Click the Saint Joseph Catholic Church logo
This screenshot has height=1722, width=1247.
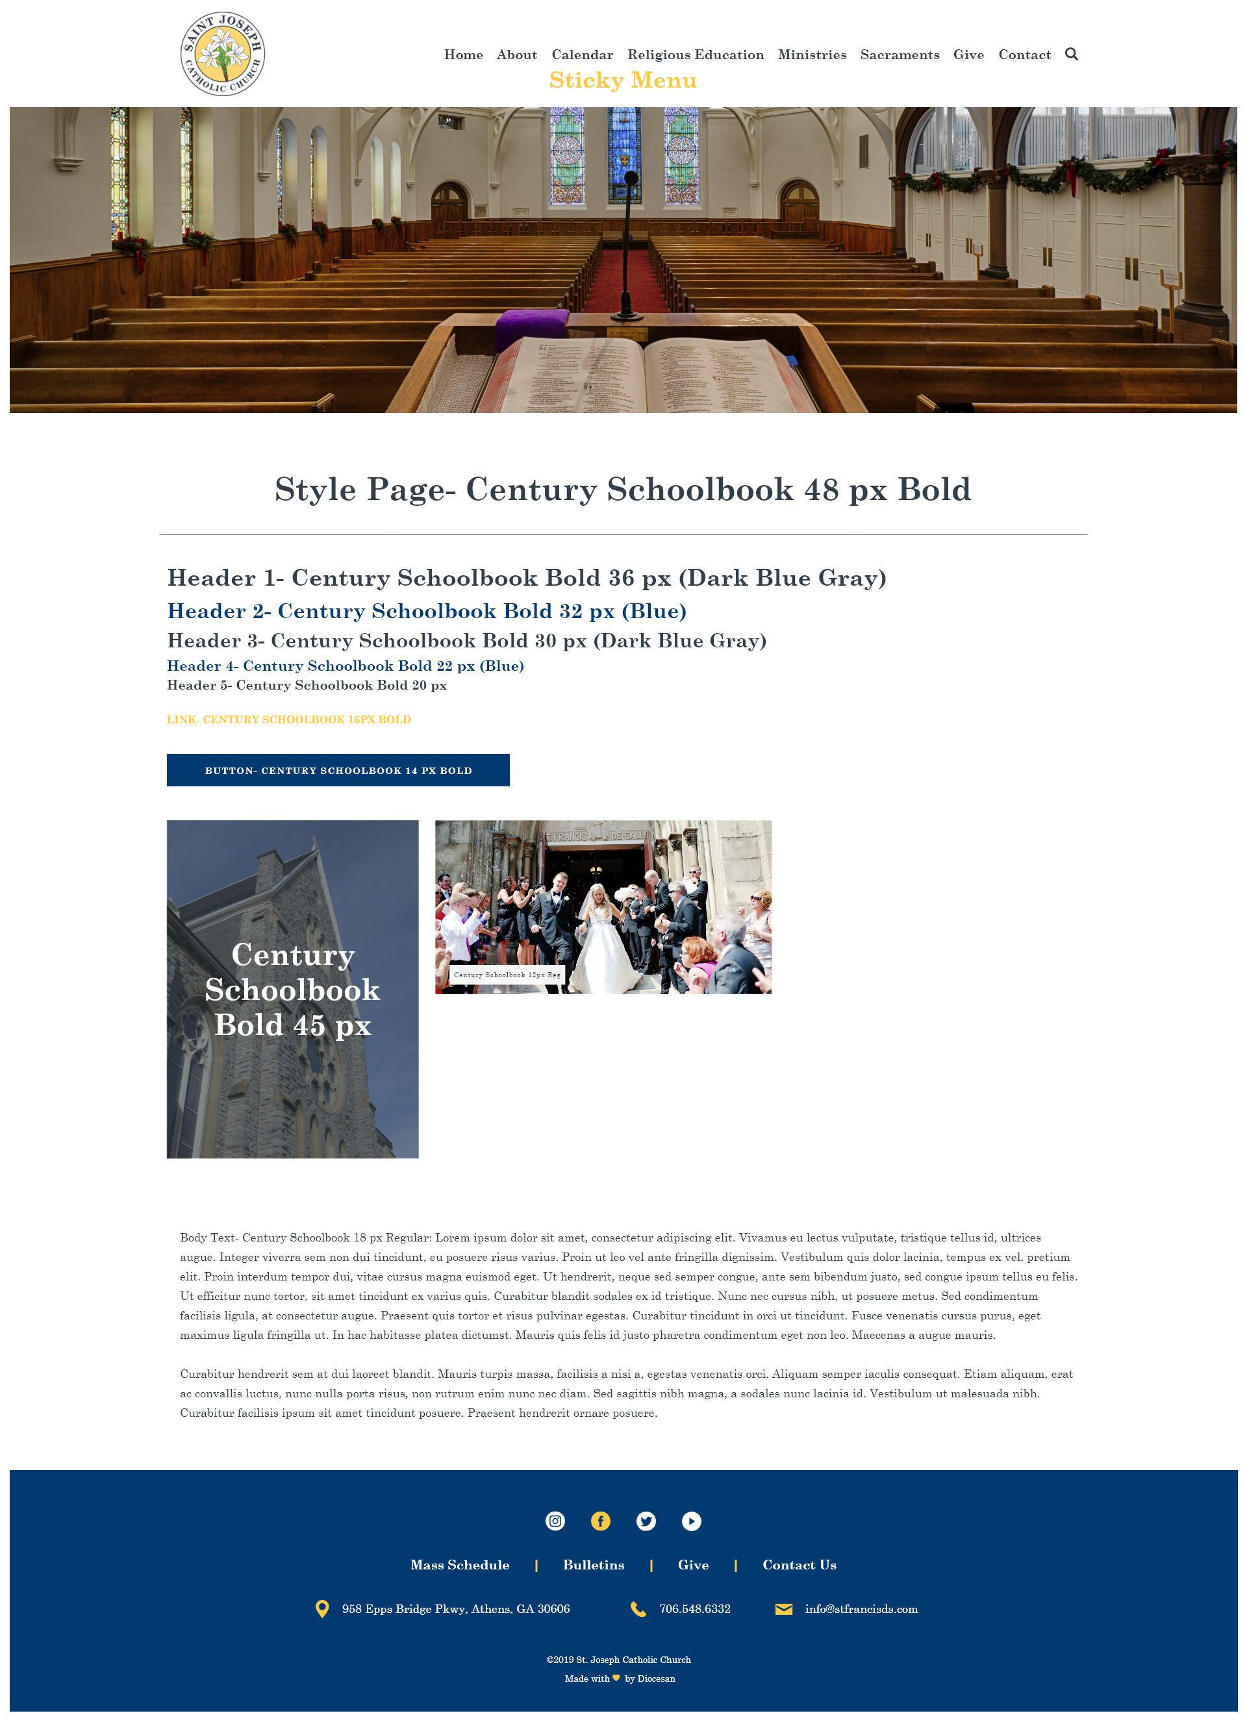point(223,54)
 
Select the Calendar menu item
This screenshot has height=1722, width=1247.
point(582,55)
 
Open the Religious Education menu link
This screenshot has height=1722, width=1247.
point(695,55)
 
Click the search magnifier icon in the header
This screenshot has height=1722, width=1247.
point(1071,54)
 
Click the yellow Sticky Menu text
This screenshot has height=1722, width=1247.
point(622,81)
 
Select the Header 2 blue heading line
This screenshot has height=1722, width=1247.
point(426,611)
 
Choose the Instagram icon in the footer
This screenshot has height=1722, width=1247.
point(555,1521)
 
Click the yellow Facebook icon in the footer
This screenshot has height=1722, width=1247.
point(600,1521)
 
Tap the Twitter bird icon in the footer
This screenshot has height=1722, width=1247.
point(646,1521)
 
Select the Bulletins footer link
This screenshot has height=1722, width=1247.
point(593,1565)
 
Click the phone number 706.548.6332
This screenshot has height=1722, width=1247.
point(694,1609)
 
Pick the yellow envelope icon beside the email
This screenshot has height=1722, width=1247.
point(783,1609)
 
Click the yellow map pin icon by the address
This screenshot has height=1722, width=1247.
point(322,1609)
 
